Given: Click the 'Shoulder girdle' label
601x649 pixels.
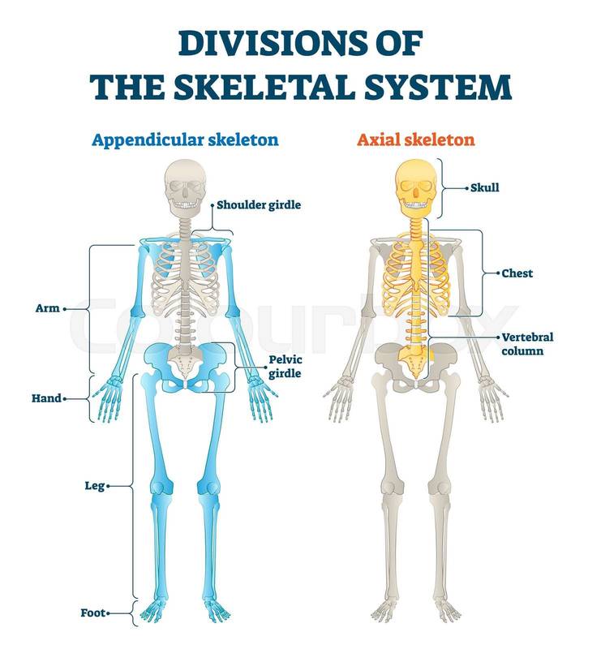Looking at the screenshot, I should (x=259, y=205).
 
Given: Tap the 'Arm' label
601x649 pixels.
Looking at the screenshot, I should (x=48, y=309).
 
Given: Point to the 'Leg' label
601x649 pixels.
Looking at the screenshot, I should (x=95, y=487).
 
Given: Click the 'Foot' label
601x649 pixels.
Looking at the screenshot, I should (x=92, y=612).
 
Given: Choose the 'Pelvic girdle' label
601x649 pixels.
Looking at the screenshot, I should (x=285, y=367).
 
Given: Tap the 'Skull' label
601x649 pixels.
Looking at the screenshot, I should (x=485, y=187).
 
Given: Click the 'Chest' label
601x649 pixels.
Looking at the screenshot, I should (x=517, y=274).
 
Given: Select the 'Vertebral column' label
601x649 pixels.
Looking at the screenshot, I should (x=522, y=344).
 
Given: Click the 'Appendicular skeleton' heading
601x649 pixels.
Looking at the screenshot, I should (x=185, y=140).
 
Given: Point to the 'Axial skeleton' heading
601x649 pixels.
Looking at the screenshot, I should (x=416, y=140).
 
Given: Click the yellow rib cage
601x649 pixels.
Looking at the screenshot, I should (x=416, y=272).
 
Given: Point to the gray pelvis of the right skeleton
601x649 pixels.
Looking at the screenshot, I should (x=416, y=367).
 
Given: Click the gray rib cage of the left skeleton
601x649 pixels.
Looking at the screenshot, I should (x=186, y=276).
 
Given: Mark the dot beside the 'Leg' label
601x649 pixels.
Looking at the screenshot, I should (x=109, y=487).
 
